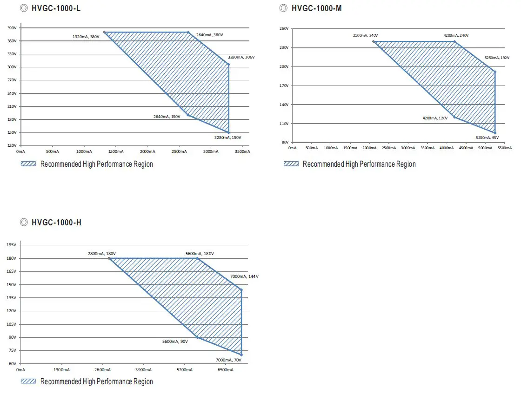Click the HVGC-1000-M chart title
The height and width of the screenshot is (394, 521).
click(x=317, y=8)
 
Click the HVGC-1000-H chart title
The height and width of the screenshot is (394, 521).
click(x=56, y=223)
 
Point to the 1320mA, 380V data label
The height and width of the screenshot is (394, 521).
click(x=86, y=37)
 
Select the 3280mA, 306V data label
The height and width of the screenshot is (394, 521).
click(x=241, y=57)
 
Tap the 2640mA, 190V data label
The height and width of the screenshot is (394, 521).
click(x=167, y=117)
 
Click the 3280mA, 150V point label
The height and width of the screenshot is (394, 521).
click(x=228, y=138)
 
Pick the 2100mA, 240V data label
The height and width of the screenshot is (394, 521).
click(x=366, y=35)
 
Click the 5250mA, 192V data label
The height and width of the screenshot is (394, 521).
click(x=497, y=58)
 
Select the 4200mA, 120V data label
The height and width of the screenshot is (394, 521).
click(x=435, y=118)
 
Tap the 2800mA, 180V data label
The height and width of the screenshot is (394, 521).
click(x=102, y=254)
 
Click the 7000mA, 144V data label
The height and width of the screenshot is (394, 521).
click(x=244, y=276)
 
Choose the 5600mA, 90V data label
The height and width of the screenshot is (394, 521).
click(x=175, y=341)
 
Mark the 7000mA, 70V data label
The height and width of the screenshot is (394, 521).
click(x=228, y=360)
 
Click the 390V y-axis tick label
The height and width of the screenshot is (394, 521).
click(x=12, y=28)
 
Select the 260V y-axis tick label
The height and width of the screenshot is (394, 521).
click(x=284, y=29)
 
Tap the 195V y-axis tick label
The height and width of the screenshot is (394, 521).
click(x=12, y=245)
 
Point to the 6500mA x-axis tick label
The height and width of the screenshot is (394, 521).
click(x=226, y=370)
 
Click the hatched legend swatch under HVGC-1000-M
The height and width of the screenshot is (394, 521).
click(x=292, y=164)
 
